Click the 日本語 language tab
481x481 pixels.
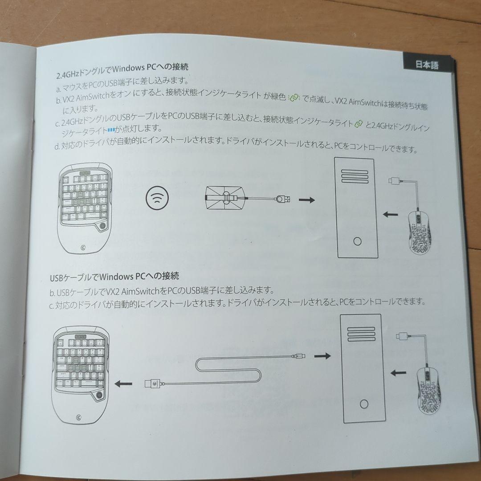[x=427, y=65]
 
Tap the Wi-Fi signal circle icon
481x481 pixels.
[x=157, y=199]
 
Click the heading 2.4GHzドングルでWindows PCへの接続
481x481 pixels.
[x=122, y=70]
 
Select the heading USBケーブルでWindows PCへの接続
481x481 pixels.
[x=114, y=277]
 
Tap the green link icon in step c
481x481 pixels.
[x=358, y=124]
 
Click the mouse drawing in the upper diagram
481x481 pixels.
[x=419, y=229]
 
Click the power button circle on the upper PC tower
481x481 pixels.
[x=357, y=241]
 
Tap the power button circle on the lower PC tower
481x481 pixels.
[x=364, y=404]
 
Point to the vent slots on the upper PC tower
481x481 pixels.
[x=355, y=176]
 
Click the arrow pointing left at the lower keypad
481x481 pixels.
[x=123, y=384]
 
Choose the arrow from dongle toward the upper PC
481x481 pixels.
[x=307, y=200]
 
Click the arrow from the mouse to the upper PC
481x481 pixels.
[x=391, y=214]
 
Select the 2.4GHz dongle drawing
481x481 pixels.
[x=247, y=198]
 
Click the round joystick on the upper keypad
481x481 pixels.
[x=102, y=227]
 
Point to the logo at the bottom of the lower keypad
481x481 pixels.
[x=79, y=417]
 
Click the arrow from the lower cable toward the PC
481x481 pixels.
[x=322, y=356]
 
